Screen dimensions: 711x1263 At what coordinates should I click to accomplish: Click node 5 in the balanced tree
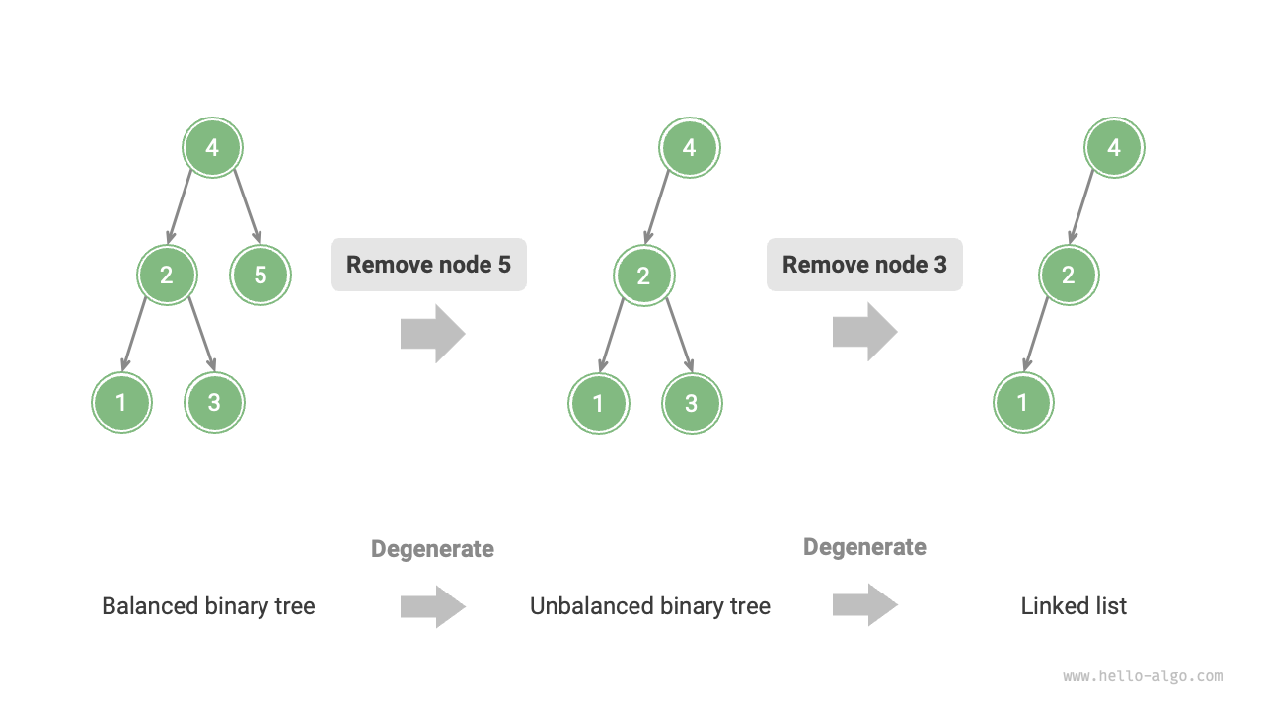click(260, 274)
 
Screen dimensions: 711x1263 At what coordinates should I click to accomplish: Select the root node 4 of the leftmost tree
click(212, 148)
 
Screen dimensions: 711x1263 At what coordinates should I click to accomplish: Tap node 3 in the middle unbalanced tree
click(692, 403)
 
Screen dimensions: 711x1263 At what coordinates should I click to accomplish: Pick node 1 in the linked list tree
click(1023, 403)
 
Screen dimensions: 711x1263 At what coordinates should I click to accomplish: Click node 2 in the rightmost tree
click(1069, 274)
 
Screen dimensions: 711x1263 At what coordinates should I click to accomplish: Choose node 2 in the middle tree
click(643, 275)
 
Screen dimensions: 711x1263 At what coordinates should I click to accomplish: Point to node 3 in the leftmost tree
click(214, 403)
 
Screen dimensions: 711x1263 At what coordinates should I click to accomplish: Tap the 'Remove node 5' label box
click(428, 265)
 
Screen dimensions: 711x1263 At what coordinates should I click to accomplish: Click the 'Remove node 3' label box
click(864, 265)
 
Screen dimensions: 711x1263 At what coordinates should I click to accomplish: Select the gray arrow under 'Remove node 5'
click(432, 334)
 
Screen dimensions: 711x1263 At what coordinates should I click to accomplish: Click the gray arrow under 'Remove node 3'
click(864, 332)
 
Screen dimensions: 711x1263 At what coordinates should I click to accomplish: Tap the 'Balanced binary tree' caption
click(208, 606)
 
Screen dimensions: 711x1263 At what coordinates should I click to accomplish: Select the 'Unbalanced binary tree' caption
click(649, 606)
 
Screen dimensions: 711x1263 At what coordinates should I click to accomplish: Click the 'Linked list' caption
click(1074, 606)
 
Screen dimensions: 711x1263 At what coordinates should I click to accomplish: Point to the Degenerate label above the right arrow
click(864, 547)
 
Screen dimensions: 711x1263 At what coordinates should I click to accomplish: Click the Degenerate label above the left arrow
click(432, 549)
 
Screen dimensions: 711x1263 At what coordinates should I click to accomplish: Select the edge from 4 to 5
click(247, 207)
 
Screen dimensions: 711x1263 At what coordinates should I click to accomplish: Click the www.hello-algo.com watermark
click(1143, 676)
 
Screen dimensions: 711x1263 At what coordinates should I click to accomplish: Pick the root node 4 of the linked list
click(1114, 148)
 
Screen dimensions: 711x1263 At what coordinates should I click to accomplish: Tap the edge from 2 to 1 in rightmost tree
click(1037, 334)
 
